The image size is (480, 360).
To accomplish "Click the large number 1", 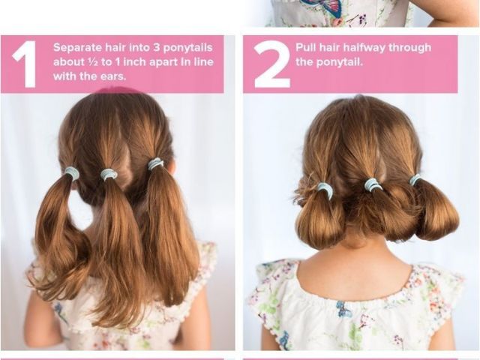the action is [25, 64].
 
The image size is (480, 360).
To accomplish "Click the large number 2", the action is [271, 64].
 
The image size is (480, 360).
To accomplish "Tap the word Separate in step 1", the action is [78, 48].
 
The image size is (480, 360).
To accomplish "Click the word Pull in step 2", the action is [306, 47].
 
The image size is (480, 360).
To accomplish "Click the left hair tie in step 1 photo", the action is [72, 173].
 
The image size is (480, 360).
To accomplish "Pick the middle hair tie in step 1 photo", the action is [109, 175].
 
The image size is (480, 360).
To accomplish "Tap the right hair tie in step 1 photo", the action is [156, 164].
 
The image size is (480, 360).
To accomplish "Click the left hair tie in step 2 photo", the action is [324, 187].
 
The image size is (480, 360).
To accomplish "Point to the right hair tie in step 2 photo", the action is [415, 180].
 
